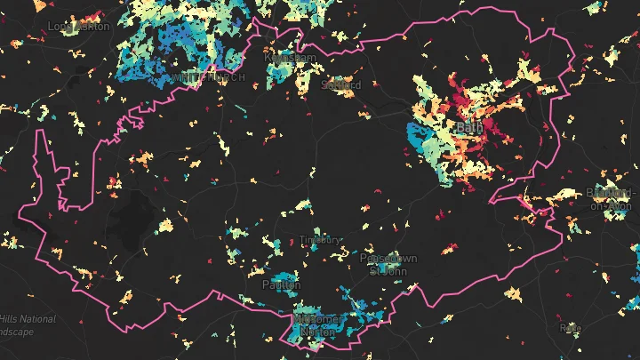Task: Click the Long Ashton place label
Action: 79,27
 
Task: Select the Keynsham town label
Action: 290,57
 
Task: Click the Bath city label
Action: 468,129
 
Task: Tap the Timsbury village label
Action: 320,240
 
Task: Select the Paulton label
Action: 282,285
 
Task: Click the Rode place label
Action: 570,328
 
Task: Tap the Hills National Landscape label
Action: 27,324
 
